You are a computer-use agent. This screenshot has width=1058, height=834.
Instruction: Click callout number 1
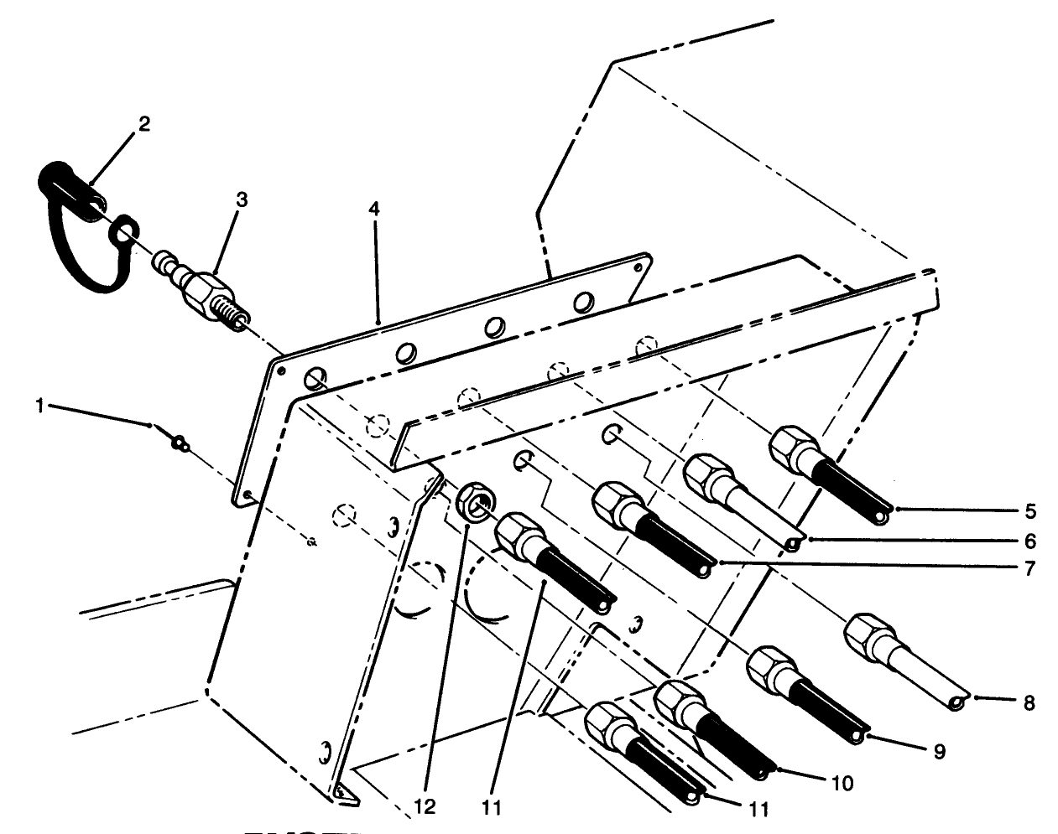pos(39,406)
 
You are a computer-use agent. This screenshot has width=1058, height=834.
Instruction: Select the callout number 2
pos(143,124)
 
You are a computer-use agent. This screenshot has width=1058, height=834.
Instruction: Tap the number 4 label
pos(373,209)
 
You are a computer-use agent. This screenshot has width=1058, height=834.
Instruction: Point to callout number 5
pos(1030,510)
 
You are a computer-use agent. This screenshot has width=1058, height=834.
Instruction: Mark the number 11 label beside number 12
pos(491,808)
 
